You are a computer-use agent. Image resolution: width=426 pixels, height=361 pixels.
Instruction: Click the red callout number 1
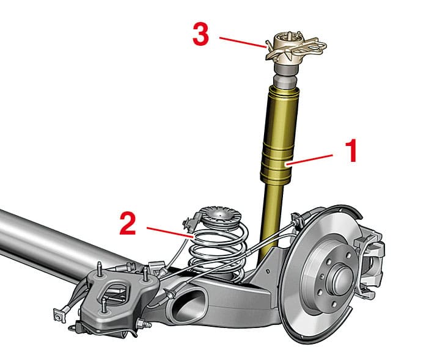tap(351, 151)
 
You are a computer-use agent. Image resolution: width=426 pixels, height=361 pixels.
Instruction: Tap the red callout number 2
tap(128, 224)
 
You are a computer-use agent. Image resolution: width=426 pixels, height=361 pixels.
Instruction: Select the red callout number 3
tap(200, 34)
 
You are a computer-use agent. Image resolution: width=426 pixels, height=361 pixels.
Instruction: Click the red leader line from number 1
tap(309, 159)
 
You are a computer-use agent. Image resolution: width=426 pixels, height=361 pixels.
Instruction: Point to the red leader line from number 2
tap(171, 233)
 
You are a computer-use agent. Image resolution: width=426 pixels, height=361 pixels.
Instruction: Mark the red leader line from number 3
tap(243, 42)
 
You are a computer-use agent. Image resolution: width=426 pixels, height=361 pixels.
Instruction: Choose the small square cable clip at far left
tap(60, 315)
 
